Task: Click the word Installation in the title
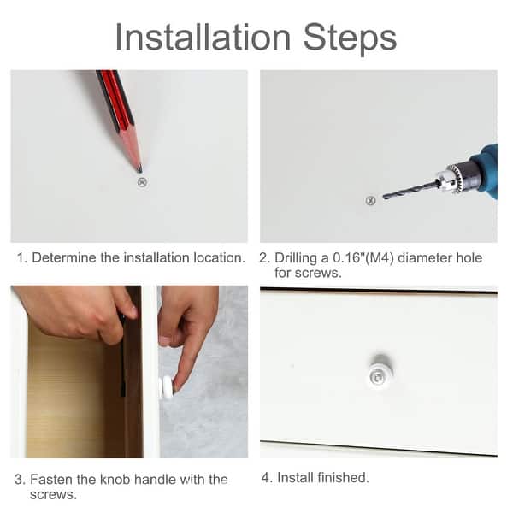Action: [x=203, y=38]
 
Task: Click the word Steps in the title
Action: [x=350, y=39]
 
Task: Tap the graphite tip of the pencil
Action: [x=139, y=169]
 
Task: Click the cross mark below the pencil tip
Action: [x=142, y=182]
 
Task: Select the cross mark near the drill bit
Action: [x=370, y=201]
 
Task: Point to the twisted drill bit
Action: [x=410, y=190]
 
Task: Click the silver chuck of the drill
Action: [x=448, y=179]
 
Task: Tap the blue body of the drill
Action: [x=487, y=170]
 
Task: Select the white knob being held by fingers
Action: [x=166, y=388]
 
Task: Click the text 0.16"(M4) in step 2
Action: [x=363, y=258]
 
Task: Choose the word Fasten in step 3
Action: [x=51, y=480]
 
